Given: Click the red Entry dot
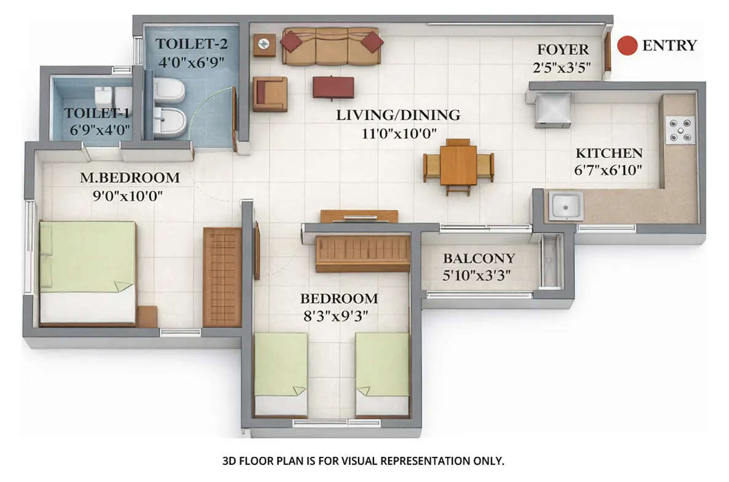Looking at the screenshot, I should coord(627,45).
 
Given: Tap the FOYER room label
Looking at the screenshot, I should coord(563,50).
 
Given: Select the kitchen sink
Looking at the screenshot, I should coord(567,205).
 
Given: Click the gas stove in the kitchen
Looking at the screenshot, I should coord(680,130).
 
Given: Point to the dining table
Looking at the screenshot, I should coord(458,165).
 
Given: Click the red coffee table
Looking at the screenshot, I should coord(333,87).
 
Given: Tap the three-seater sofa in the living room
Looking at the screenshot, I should coord(332,47).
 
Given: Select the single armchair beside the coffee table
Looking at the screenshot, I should coord(270,93).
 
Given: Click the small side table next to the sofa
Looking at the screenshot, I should coord(265,44).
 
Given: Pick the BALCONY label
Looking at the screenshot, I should coord(479,259).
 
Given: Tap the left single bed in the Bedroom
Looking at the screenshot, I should coord(281,373).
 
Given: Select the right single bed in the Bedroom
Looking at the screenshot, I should coord(382,373).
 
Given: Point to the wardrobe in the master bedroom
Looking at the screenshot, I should coord(222,277).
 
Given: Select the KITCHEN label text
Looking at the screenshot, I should coord(609,154).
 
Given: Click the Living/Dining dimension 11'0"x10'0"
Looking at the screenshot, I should coord(398,133).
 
